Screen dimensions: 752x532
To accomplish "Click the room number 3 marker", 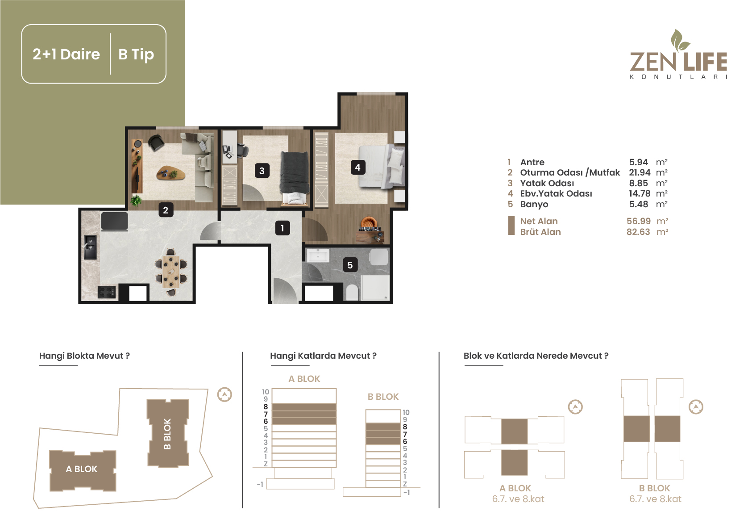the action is [x=262, y=171].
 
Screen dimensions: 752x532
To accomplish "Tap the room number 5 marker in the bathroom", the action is [x=350, y=265].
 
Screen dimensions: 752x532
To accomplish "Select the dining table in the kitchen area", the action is [x=171, y=272].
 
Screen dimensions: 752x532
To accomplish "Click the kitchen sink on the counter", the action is [x=90, y=247].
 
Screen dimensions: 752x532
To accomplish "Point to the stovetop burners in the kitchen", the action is [x=107, y=293].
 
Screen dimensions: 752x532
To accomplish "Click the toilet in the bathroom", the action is [x=352, y=293].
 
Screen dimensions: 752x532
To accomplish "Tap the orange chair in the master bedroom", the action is [x=369, y=222].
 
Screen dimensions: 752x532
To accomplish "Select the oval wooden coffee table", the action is [x=171, y=173].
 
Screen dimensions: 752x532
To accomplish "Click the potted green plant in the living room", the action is [x=136, y=201].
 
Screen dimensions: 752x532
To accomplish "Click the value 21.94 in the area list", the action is [x=640, y=172].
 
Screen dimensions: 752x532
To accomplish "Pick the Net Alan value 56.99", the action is [x=639, y=221].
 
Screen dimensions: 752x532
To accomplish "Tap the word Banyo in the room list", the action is [x=534, y=204].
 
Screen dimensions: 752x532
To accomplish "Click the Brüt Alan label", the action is [x=540, y=232].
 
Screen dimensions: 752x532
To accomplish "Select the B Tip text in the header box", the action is [x=136, y=54].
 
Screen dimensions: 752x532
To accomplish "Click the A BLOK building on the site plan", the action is [x=83, y=470].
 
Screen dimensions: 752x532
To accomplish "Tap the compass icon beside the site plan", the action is [x=224, y=394].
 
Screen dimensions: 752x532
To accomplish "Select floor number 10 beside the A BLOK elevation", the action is [x=266, y=392].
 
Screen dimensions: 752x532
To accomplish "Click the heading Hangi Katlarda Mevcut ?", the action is [x=323, y=356].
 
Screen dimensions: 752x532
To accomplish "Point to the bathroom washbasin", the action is [x=318, y=256].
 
